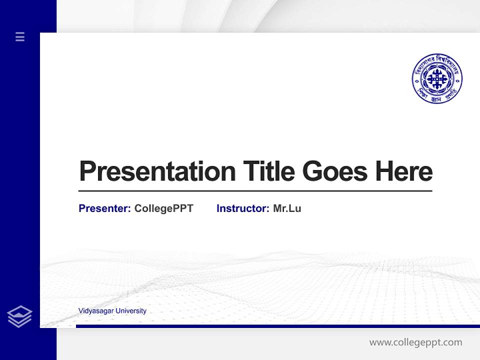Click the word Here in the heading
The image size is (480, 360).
pyautogui.click(x=404, y=171)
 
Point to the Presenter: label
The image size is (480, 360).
pyautogui.click(x=105, y=208)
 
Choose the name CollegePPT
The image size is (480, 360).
pyautogui.click(x=163, y=208)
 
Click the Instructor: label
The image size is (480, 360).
pyautogui.click(x=243, y=208)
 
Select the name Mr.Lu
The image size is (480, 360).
pyautogui.click(x=287, y=208)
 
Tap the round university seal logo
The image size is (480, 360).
pyautogui.click(x=437, y=79)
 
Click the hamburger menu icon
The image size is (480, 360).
pyautogui.click(x=20, y=36)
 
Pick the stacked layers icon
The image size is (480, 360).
pyautogui.click(x=19, y=316)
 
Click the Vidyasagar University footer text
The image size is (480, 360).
pyautogui.click(x=112, y=311)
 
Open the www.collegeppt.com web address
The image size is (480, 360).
pyautogui.click(x=415, y=342)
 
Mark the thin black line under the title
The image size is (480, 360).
pyautogui.click(x=255, y=191)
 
